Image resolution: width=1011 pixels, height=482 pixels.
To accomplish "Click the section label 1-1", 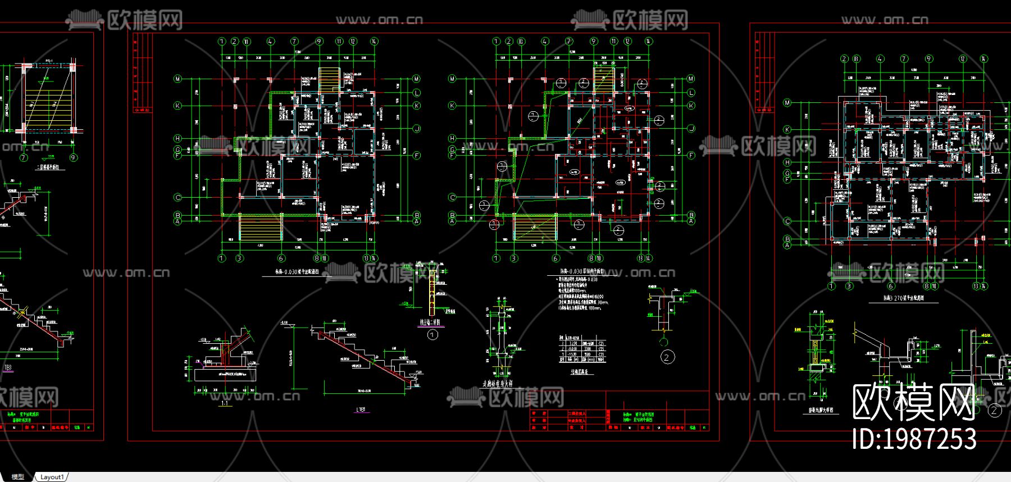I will [225, 403].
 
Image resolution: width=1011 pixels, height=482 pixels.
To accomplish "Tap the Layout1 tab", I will [52, 477].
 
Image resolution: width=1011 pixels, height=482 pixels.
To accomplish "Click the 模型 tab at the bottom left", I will [18, 477].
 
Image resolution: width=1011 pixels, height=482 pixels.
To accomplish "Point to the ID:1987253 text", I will [914, 439].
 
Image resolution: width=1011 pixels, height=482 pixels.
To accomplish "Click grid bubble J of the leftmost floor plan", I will [417, 129].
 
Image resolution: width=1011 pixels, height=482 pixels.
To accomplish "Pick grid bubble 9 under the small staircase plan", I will [73, 158].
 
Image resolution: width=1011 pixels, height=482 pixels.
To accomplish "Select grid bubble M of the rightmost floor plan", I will [787, 103].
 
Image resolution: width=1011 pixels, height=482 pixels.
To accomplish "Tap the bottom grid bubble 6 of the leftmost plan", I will [281, 258].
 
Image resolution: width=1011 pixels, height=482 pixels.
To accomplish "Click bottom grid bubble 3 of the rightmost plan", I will [849, 286].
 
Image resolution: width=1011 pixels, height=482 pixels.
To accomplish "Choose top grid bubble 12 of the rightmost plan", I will [963, 58].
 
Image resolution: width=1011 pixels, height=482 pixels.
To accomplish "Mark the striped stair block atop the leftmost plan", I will [329, 79].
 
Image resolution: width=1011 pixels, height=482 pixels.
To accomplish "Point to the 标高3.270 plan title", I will [904, 299].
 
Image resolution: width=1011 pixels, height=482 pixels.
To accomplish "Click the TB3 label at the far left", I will [8, 369].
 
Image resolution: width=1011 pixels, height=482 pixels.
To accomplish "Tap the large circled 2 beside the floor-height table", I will [667, 357].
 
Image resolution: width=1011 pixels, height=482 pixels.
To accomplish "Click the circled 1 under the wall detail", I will [432, 335].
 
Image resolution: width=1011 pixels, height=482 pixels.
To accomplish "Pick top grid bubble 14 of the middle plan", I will [648, 41].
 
